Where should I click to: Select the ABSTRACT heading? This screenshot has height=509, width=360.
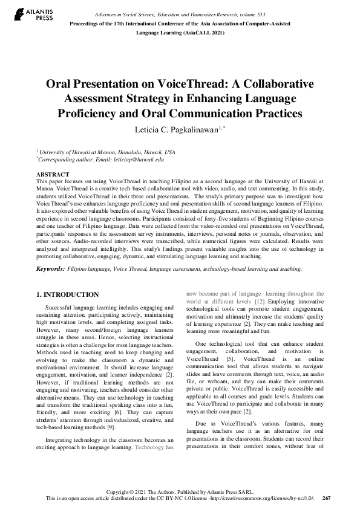[x=53, y=174]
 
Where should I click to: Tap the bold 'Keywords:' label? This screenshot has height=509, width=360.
[x=53, y=268]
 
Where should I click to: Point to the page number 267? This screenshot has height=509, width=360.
[x=326, y=498]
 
